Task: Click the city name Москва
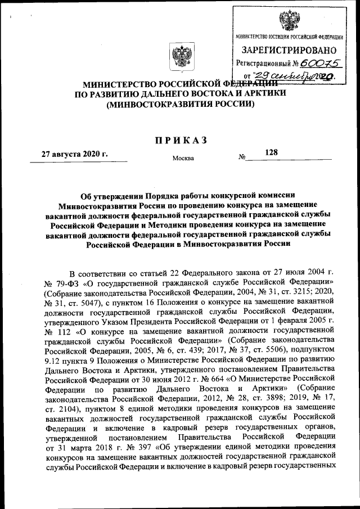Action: (x=183, y=158)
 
